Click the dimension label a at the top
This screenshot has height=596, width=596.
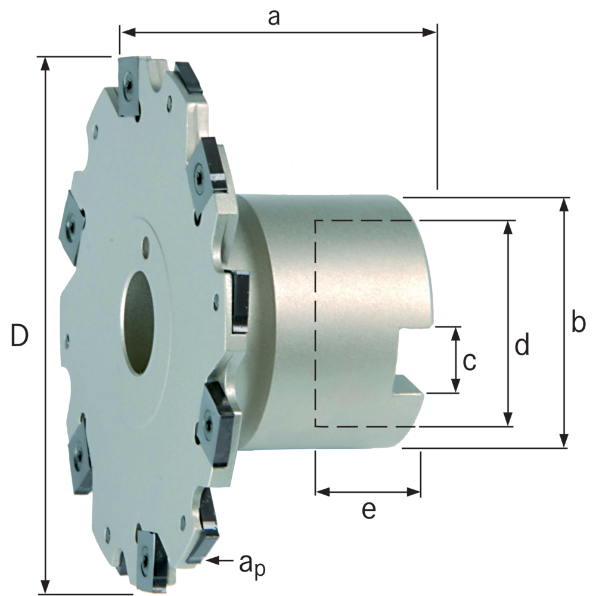[274, 17]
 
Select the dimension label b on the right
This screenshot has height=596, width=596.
[578, 322]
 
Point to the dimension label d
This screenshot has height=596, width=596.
[522, 344]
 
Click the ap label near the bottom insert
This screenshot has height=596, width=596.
[252, 564]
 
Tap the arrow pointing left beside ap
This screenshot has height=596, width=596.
[220, 560]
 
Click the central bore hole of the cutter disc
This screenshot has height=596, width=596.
[139, 322]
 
